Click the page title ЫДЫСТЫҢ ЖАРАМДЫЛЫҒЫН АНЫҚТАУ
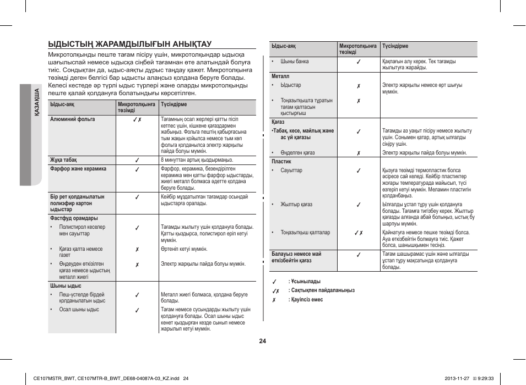pos(130,43)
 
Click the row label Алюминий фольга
pos(72,119)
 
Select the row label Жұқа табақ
pos(63,160)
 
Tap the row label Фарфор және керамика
pos(78,169)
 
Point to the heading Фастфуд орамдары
pos(74,218)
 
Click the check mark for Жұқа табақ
pos(137,160)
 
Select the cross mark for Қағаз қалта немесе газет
pos(137,249)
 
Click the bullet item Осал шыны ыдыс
pos(79,310)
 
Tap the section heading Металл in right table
pos(280,76)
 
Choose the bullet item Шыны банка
pos(294,62)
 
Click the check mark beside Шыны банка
pos(358,62)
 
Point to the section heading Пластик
pos(281,162)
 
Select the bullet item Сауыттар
pos(291,170)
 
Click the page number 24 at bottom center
pos(263,341)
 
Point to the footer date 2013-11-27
pos(458,378)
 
